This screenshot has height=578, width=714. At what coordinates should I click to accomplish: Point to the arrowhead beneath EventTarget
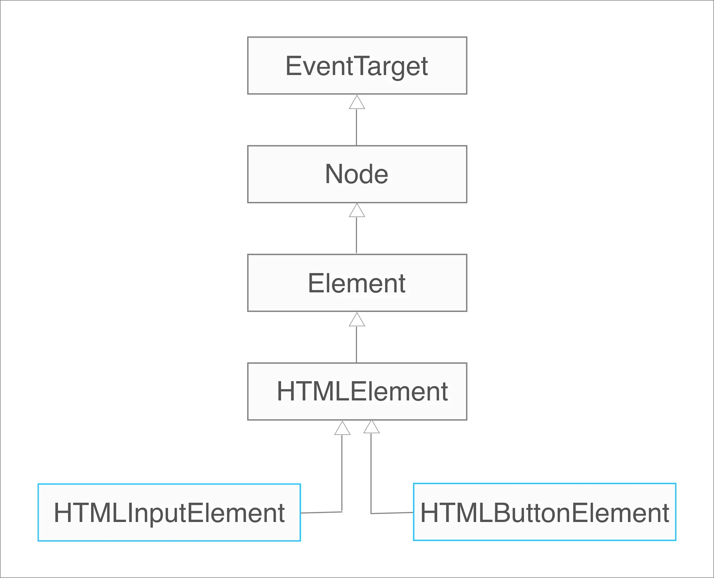pos(357,103)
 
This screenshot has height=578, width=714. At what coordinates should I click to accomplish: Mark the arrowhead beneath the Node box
pos(357,211)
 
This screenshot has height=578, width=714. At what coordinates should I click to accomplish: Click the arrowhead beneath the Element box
pos(357,320)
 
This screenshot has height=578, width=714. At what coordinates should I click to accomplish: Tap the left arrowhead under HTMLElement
pos(342,429)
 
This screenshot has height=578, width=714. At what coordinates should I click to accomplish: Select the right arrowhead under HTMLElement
pos(371,427)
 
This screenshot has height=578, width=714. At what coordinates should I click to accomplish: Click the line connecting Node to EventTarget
pos(356,127)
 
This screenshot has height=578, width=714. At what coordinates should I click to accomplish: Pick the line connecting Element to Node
pos(356,235)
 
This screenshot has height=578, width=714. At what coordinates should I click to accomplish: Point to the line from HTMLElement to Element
pos(356,344)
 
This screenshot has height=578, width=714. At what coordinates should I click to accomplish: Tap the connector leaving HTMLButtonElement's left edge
pos(392,513)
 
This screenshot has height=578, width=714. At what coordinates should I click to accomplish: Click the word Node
pos(356,174)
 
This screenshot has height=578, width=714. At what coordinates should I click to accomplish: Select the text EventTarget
pos(356,66)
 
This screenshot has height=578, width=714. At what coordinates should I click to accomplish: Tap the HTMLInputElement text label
pos(169,513)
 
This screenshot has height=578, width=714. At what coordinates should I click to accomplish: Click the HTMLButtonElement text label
pos(544,513)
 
